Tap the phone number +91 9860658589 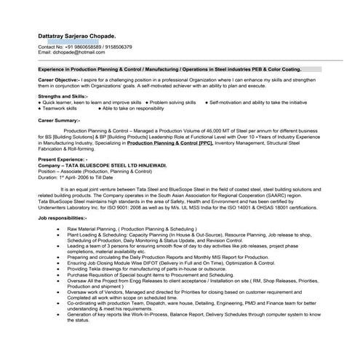pyautogui.click(x=81, y=47)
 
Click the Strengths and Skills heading pyautogui.click(x=63, y=96)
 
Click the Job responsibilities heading pyautogui.click(x=63, y=217)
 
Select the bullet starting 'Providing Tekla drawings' pyautogui.click(x=153, y=270)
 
